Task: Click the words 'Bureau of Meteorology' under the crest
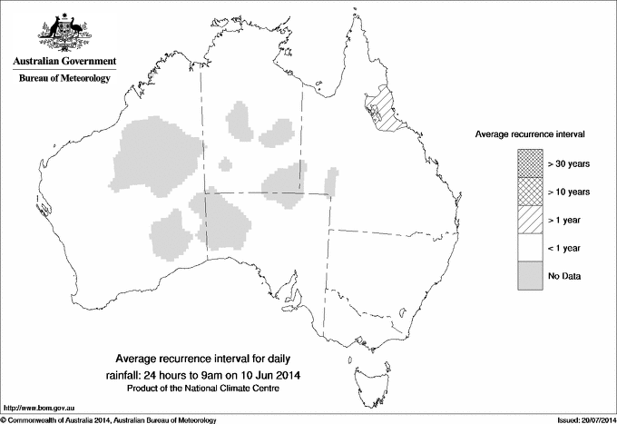[x=64, y=78]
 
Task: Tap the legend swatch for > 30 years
[x=530, y=164]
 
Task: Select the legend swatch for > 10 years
[x=530, y=192]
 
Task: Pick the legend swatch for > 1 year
[x=530, y=219]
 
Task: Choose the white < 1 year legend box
[x=530, y=247]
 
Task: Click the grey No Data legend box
[x=530, y=274]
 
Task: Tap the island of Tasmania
[x=364, y=372]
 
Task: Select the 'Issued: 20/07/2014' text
[x=578, y=419]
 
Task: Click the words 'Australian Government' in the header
[x=64, y=61]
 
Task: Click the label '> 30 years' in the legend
[x=569, y=164]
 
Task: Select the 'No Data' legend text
[x=563, y=274]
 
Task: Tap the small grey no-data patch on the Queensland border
[x=331, y=181]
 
